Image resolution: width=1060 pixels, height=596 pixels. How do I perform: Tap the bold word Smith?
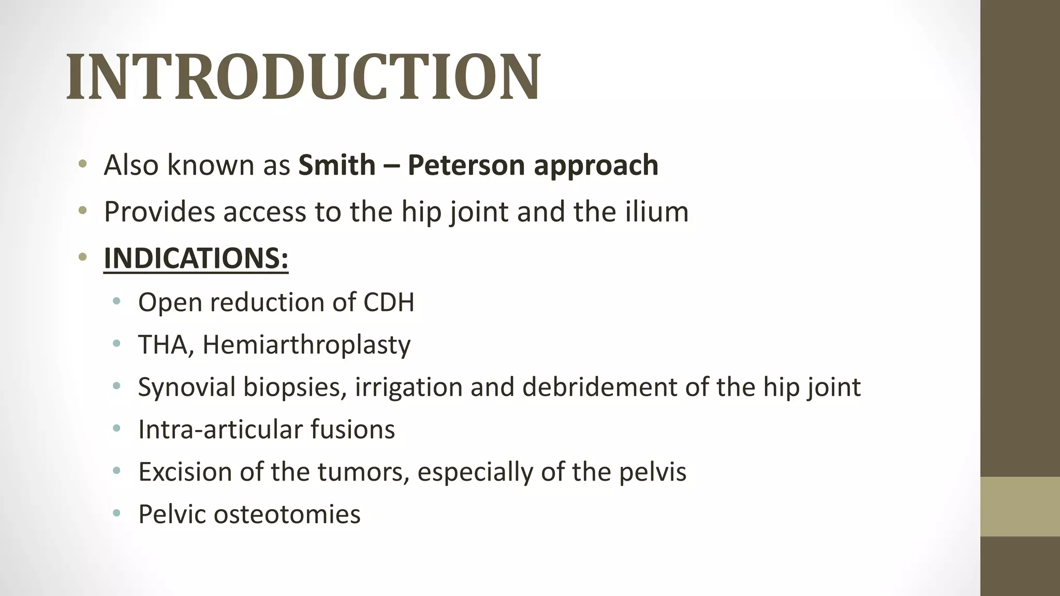(336, 165)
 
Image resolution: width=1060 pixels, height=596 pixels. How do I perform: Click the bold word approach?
(596, 166)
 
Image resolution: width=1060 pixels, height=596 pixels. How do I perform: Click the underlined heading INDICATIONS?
(196, 258)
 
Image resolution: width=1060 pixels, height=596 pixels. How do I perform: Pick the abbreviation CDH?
(389, 302)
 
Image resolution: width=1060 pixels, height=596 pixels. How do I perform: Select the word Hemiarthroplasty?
(306, 345)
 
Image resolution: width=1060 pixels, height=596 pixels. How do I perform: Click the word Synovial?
(187, 388)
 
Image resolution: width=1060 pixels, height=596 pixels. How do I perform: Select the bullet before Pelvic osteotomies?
(116, 514)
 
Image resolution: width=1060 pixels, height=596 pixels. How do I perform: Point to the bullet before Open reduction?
(116, 302)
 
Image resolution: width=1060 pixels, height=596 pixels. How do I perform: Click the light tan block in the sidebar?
(1020, 506)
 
